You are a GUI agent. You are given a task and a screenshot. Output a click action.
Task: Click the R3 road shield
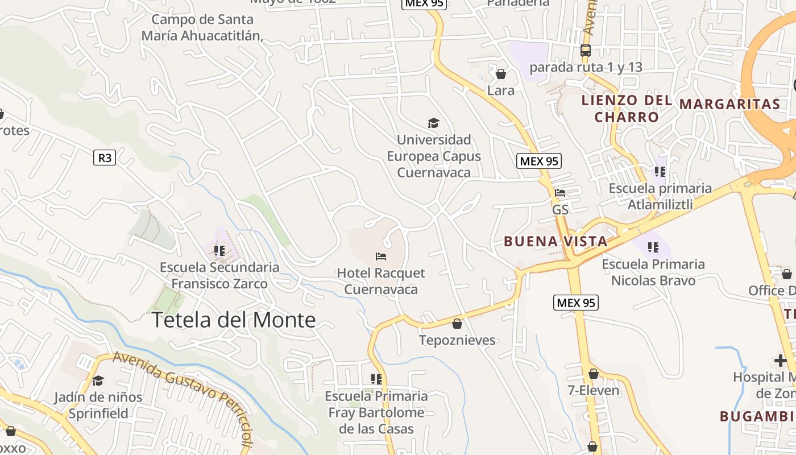point(105,158)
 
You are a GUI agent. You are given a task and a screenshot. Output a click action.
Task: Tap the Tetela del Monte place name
point(233,320)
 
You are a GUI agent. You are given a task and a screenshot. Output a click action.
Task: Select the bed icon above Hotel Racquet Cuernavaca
point(381,257)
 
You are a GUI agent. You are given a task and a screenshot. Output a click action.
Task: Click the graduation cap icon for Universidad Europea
point(433,123)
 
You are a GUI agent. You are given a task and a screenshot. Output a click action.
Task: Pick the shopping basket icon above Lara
point(501,74)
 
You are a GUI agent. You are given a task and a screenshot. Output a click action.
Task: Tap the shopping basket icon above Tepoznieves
point(457,324)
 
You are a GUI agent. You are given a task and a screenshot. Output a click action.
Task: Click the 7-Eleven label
point(594,390)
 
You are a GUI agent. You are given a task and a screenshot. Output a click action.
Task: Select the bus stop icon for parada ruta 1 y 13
point(586,50)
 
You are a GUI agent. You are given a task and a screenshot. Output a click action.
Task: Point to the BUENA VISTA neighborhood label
point(555,241)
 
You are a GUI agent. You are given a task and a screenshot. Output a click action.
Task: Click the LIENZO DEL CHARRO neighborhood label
point(626,109)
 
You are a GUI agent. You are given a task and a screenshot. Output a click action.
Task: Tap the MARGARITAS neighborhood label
point(729,104)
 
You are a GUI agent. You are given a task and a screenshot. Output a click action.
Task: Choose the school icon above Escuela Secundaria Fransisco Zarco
point(219,251)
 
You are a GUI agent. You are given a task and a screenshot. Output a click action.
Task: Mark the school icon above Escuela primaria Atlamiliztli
point(660,171)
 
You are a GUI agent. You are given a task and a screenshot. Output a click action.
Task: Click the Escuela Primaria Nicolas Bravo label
point(653,272)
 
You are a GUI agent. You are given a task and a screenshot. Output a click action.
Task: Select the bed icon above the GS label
point(560,193)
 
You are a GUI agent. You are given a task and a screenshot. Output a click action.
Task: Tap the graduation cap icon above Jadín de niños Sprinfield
point(98,380)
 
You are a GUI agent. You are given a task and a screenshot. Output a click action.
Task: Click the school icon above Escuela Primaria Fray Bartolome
point(376,379)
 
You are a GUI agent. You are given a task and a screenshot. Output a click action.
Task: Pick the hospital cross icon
point(780,360)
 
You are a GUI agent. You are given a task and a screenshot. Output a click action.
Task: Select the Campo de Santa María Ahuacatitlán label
point(202,27)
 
